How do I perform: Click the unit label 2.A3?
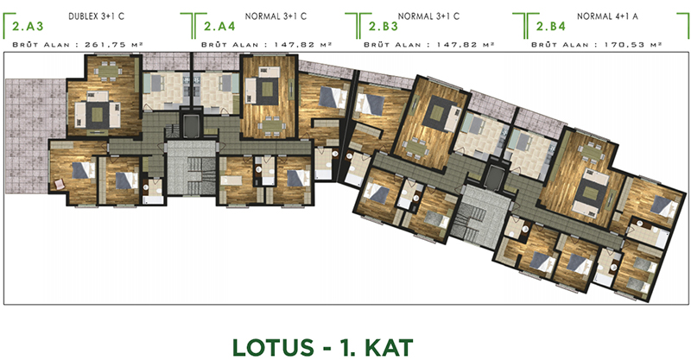29,27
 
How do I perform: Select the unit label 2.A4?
219,27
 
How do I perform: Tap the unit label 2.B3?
384,27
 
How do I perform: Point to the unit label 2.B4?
551,27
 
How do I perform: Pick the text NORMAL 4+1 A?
607,16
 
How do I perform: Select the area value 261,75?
105,45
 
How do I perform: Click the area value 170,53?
624,45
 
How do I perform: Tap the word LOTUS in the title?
273,348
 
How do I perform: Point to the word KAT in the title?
390,348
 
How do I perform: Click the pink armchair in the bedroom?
60,184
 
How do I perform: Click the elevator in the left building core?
191,127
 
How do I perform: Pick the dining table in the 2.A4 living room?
271,124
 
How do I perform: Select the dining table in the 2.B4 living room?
592,153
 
